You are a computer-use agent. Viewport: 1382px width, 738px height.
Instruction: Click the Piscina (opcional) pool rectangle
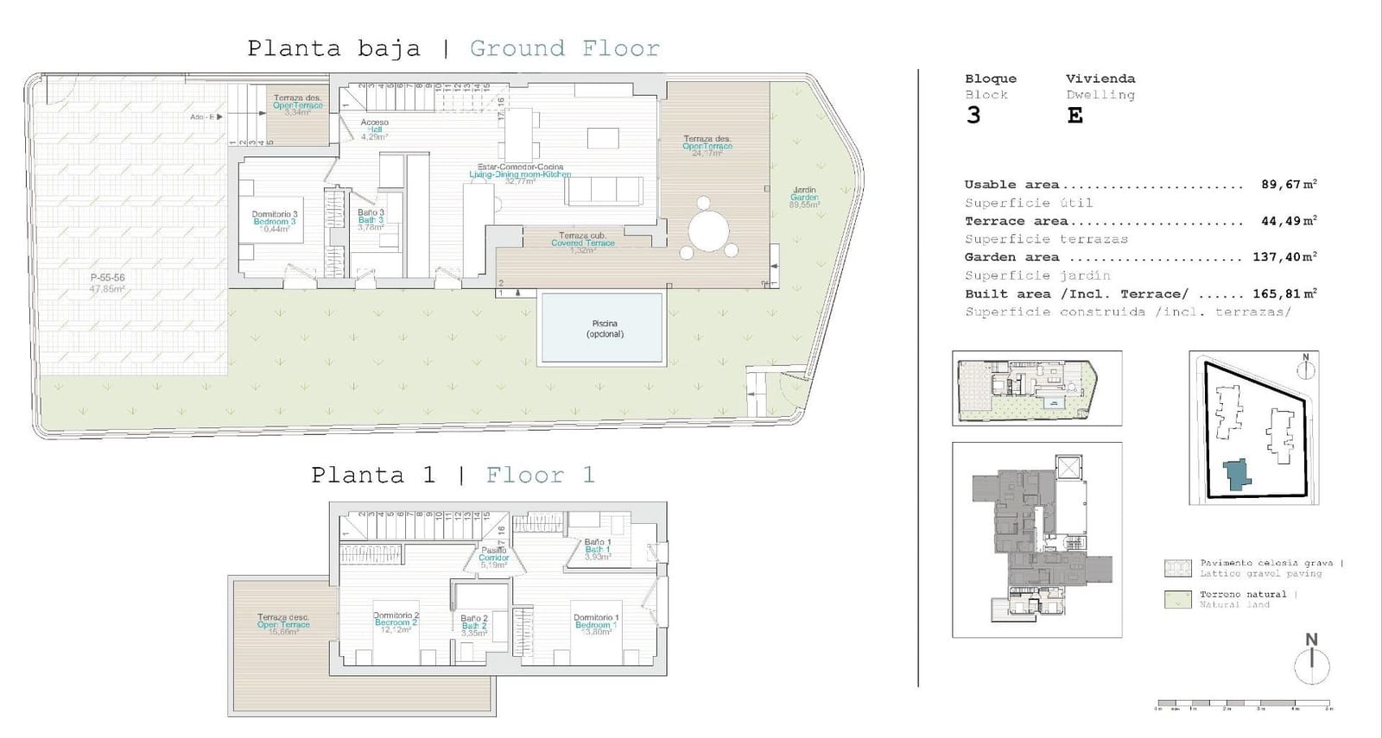602,329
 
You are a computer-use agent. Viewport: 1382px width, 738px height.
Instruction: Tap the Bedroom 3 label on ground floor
275,222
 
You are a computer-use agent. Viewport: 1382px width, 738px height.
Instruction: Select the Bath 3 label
371,220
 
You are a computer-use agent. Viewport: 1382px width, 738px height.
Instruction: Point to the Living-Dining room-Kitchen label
520,174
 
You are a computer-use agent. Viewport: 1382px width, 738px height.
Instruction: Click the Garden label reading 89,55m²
804,198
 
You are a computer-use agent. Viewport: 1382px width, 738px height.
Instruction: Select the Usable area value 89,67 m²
1288,185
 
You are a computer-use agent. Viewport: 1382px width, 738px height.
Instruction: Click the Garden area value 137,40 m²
1284,257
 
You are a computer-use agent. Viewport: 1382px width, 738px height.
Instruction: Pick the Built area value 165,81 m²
1284,293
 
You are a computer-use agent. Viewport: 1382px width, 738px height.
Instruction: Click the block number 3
974,116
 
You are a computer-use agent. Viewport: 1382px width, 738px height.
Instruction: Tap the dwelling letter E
1075,116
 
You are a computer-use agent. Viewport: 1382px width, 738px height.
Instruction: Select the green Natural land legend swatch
1177,599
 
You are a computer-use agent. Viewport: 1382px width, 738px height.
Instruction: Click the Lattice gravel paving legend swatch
1177,568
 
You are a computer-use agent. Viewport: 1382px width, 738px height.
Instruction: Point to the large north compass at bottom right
1312,665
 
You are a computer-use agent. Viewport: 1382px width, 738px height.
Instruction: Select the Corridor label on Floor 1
494,558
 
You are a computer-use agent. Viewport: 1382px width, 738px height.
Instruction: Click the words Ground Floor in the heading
565,48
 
